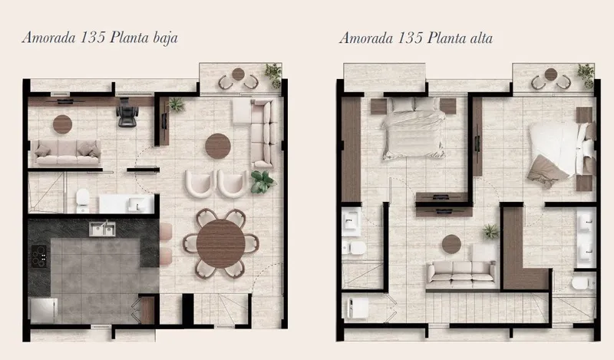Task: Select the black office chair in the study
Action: [x=127, y=112]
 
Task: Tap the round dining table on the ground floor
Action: [x=221, y=243]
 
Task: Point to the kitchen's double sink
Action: [x=102, y=230]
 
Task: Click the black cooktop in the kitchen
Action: [x=39, y=256]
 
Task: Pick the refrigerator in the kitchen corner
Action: [x=44, y=311]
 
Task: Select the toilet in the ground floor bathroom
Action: [x=83, y=200]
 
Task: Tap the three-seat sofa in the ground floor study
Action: [x=67, y=152]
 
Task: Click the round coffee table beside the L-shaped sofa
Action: [x=218, y=146]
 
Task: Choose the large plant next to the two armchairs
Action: [x=262, y=182]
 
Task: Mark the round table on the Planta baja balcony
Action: [x=238, y=74]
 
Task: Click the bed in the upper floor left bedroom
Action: [x=414, y=128]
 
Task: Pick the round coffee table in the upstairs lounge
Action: [x=451, y=244]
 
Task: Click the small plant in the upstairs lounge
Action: [x=490, y=231]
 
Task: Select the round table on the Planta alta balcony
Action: [x=551, y=74]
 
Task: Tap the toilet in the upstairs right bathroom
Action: [x=583, y=282]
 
